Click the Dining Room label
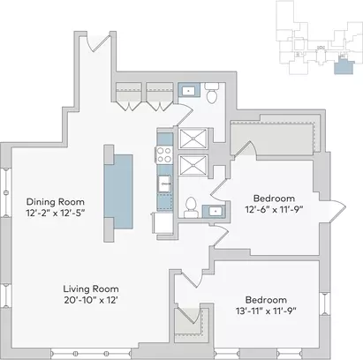[56, 202]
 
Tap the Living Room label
[91, 289]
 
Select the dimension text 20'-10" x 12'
[91, 300]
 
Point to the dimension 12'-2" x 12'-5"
[56, 213]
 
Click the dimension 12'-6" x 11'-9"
[274, 209]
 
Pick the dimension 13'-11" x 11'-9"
[266, 311]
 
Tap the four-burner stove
[164, 154]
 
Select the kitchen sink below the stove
[164, 184]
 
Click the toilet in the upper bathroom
[212, 93]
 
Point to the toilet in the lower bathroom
[191, 207]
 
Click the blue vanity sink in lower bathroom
[214, 211]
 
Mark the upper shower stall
[193, 139]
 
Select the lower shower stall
[193, 165]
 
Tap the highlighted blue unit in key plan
[344, 66]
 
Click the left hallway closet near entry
[129, 96]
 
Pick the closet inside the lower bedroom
[189, 321]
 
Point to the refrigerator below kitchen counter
[163, 222]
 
